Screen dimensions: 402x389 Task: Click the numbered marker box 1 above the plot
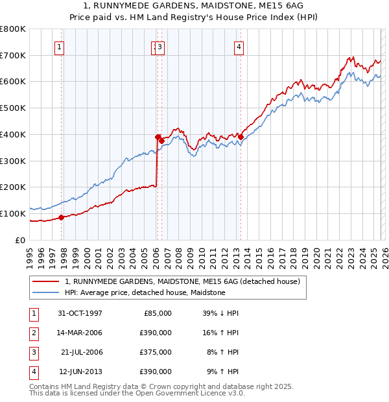[59, 46]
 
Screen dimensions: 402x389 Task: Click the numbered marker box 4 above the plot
[239, 46]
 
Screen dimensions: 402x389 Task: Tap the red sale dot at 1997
[62, 217]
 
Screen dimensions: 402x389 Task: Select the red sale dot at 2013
[241, 137]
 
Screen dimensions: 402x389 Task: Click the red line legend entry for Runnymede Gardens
[182, 282]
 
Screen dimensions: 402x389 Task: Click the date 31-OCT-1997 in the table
[80, 313]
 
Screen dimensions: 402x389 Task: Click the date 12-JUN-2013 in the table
[80, 372]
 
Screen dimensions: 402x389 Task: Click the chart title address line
[194, 6]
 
